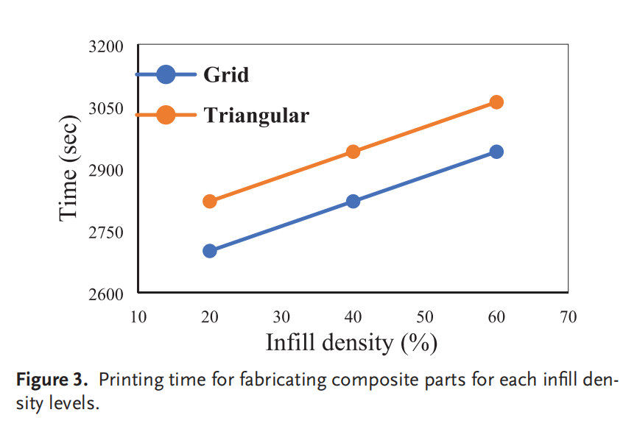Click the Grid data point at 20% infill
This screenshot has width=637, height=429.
tap(209, 251)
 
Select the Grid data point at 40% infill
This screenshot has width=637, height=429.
tap(353, 201)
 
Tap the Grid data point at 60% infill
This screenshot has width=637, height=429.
tap(496, 152)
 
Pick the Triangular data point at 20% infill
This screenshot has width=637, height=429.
tap(209, 201)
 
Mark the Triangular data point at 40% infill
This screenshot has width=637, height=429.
tap(353, 152)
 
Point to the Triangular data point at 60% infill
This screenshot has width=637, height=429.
tap(496, 102)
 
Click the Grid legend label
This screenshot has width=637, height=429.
tap(226, 74)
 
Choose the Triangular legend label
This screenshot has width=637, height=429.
tap(256, 116)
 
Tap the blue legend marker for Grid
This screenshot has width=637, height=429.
tap(166, 74)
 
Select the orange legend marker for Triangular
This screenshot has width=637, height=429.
tap(166, 116)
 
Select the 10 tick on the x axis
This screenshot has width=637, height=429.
tap(138, 317)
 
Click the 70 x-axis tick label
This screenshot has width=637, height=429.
tap(568, 317)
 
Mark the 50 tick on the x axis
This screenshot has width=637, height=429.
tap(424, 317)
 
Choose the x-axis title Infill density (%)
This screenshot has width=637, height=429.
tap(351, 343)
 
